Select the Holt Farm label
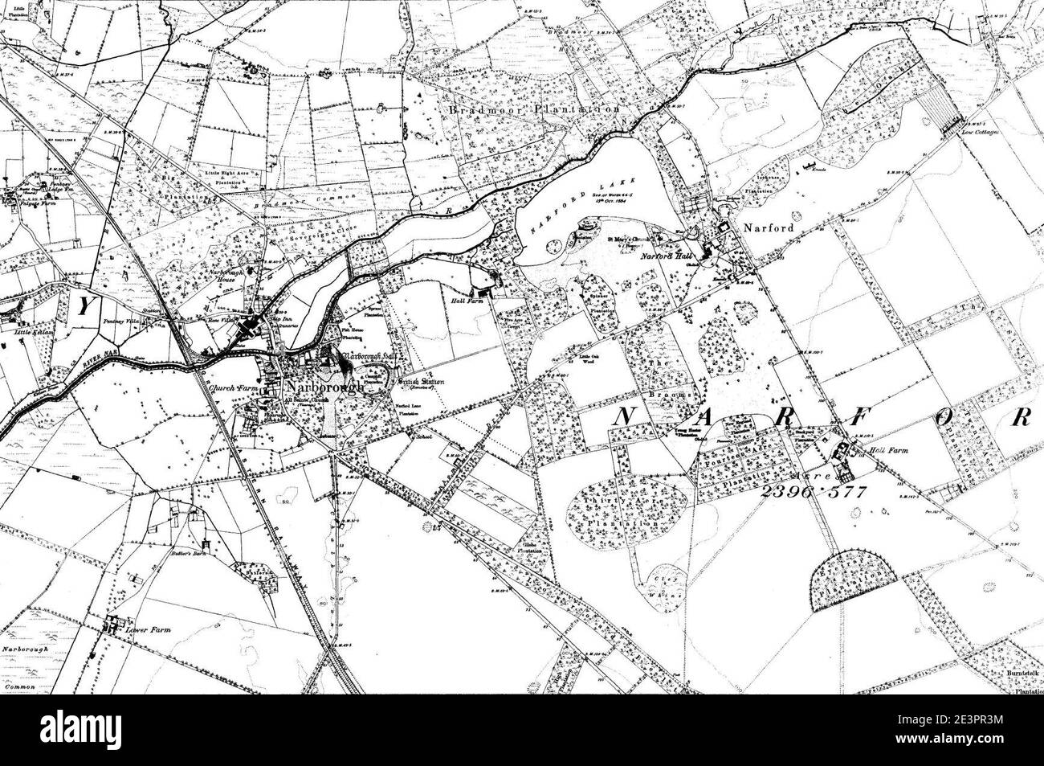888,451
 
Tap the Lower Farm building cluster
113,621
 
